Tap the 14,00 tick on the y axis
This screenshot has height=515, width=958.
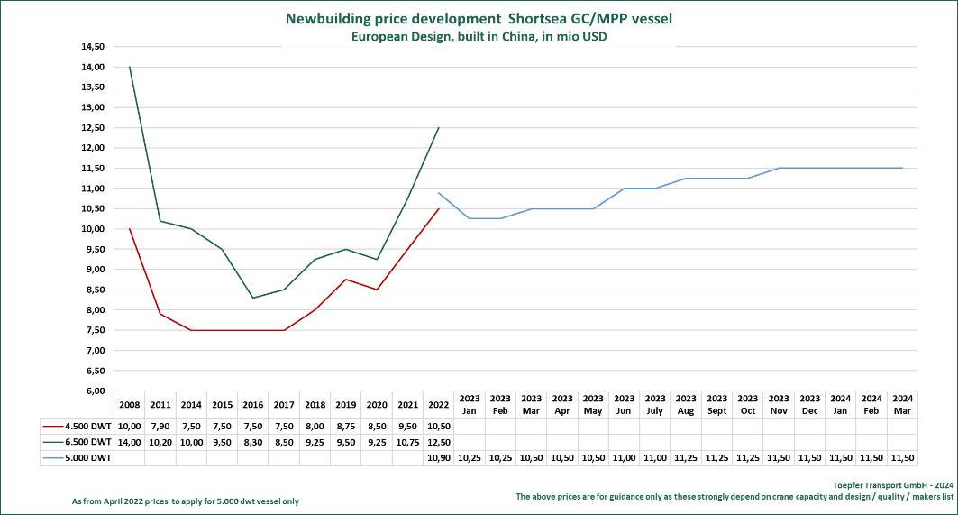pos(92,67)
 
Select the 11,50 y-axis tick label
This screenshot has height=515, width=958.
pos(92,168)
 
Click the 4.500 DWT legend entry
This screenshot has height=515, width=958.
pos(78,426)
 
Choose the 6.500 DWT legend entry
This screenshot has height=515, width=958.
pos(78,442)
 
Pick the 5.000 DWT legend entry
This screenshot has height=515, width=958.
pos(78,458)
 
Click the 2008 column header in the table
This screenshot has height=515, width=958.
pos(130,404)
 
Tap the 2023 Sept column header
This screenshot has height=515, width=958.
pos(716,404)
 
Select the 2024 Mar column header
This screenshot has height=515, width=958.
pos(901,404)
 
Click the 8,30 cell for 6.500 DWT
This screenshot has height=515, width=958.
pos(253,442)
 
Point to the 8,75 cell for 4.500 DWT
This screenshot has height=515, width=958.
pos(346,426)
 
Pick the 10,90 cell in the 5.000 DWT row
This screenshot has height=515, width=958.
pos(439,458)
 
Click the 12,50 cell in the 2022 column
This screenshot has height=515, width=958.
pos(439,442)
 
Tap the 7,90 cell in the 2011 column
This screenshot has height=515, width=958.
pos(160,426)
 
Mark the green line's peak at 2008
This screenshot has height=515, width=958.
pos(130,67)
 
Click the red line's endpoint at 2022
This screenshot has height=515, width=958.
pos(439,208)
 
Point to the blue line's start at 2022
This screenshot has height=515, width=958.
pos(439,192)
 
